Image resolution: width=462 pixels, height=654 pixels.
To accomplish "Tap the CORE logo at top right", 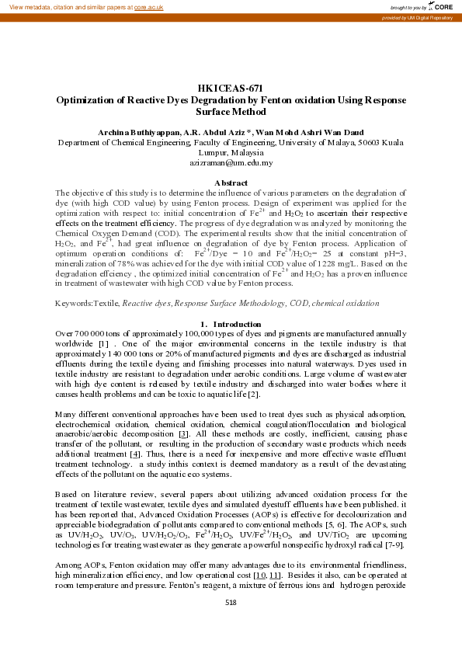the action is pos(444,6).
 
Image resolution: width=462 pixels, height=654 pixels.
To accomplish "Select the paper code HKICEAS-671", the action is pos(231,89).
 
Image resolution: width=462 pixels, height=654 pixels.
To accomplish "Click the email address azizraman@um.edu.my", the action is pos(231,163).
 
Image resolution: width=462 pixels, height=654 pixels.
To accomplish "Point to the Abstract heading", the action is pos(231,183).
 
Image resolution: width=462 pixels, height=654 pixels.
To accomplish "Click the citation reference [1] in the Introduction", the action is pos(102,343).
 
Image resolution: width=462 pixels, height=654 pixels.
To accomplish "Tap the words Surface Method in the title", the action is pos(231,112).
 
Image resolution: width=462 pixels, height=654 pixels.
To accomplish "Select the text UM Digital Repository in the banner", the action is pos(433,17).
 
